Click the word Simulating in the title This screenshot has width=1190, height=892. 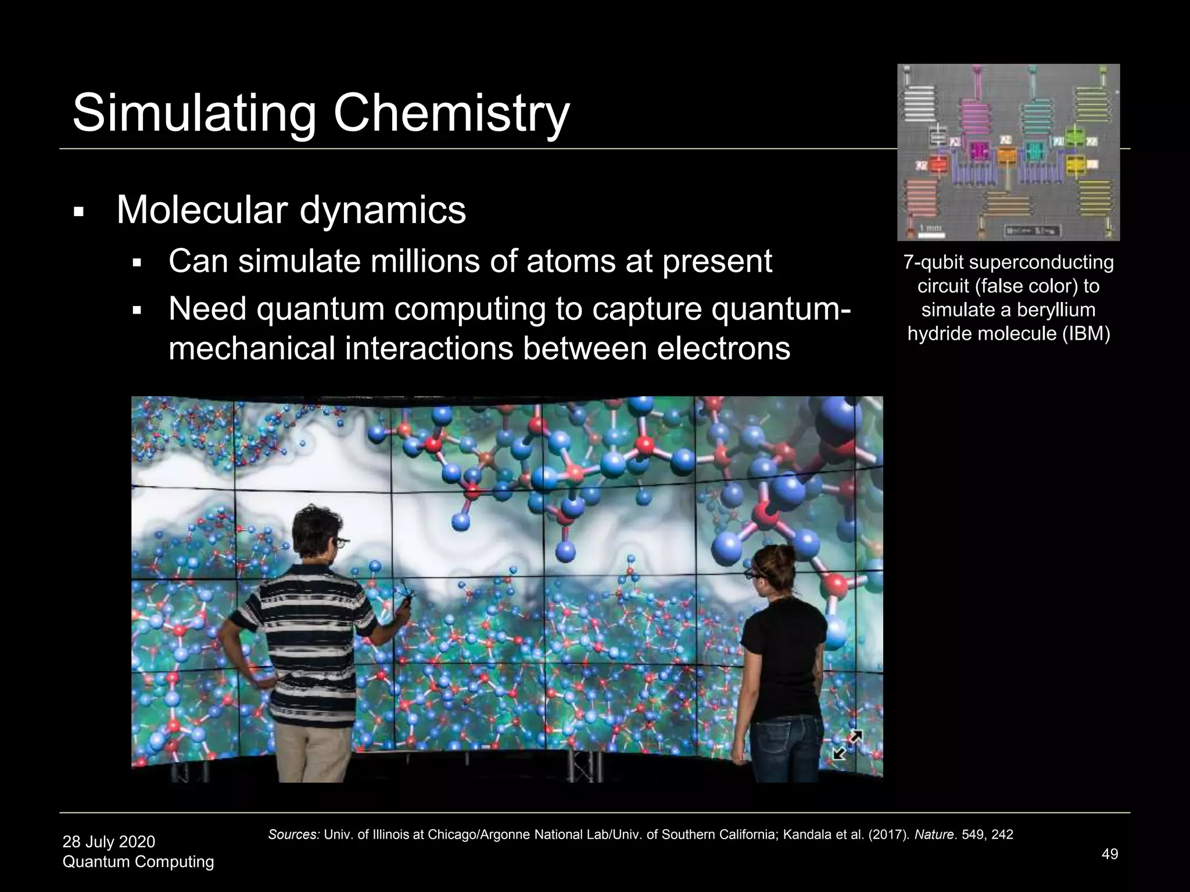[194, 113]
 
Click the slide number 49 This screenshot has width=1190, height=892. [1110, 854]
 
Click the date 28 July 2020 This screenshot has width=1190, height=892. [109, 841]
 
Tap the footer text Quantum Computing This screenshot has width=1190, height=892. [138, 862]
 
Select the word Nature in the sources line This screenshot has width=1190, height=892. [933, 835]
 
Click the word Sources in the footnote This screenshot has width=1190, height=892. [293, 835]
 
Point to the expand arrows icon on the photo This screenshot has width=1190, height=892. [847, 745]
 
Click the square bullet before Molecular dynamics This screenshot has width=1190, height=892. [79, 212]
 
